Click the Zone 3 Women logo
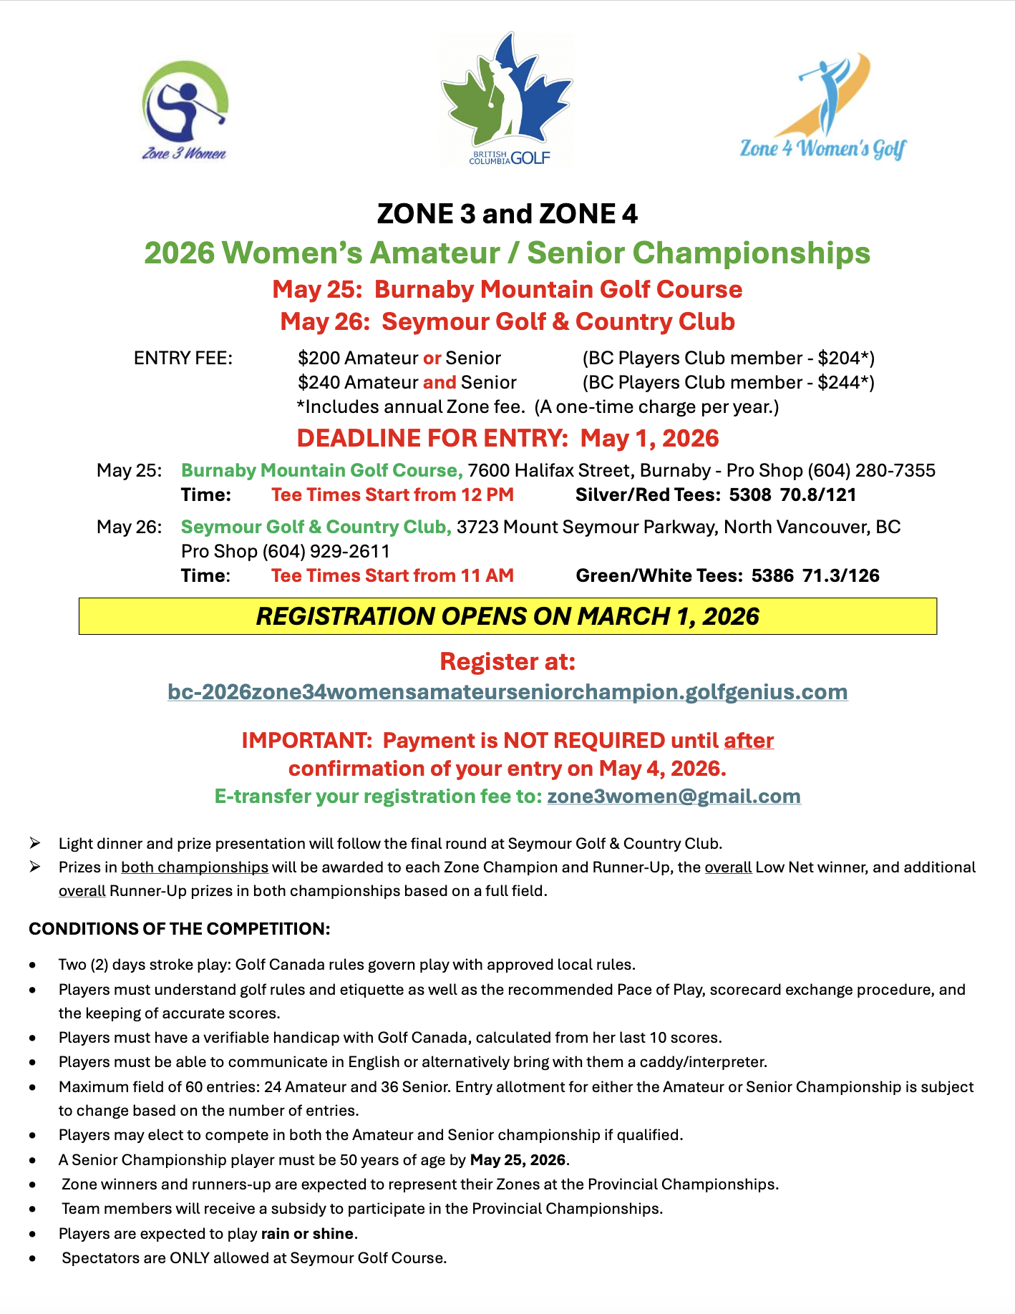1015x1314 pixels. point(185,111)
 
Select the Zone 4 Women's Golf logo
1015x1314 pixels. point(824,107)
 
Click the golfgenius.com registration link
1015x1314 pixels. point(507,692)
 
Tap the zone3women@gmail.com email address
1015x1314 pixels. point(674,797)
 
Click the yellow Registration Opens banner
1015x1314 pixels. point(507,616)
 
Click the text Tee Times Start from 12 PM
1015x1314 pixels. point(392,495)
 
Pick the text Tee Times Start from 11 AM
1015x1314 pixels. point(392,575)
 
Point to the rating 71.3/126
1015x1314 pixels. point(841,575)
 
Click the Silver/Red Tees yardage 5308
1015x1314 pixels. point(749,495)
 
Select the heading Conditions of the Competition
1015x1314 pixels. point(180,928)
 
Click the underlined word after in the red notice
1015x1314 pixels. point(749,740)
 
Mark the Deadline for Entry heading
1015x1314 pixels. point(507,438)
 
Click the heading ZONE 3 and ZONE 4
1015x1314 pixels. point(507,213)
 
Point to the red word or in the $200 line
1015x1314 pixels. point(432,358)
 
